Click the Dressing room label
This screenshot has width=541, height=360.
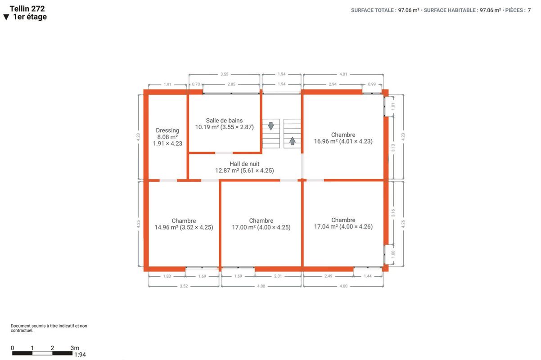coord(167,137)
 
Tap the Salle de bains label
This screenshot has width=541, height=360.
coord(225,124)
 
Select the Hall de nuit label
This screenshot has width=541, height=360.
coord(244,167)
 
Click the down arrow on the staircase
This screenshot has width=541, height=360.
coord(271,126)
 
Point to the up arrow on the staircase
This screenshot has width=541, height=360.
coord(292,141)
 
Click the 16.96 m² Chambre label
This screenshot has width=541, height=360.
coord(343,138)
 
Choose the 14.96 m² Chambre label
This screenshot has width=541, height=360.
coord(184,224)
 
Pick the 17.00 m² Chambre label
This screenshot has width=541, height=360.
coord(261,224)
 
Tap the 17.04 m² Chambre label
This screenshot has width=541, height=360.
coord(343,223)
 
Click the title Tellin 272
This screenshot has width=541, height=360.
coord(27,9)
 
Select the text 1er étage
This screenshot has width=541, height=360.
coord(30,17)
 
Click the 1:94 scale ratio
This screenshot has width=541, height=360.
coord(80,355)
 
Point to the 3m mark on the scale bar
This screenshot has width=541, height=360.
coord(75,348)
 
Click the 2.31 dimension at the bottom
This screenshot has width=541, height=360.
coord(278,276)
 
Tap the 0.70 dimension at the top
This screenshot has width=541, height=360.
coord(196,84)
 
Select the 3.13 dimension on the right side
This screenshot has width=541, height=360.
coord(393,148)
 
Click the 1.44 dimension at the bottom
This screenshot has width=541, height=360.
coord(368,276)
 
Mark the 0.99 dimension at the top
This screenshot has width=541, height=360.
coord(372,84)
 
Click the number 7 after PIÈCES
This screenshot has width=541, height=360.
coord(529,10)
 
